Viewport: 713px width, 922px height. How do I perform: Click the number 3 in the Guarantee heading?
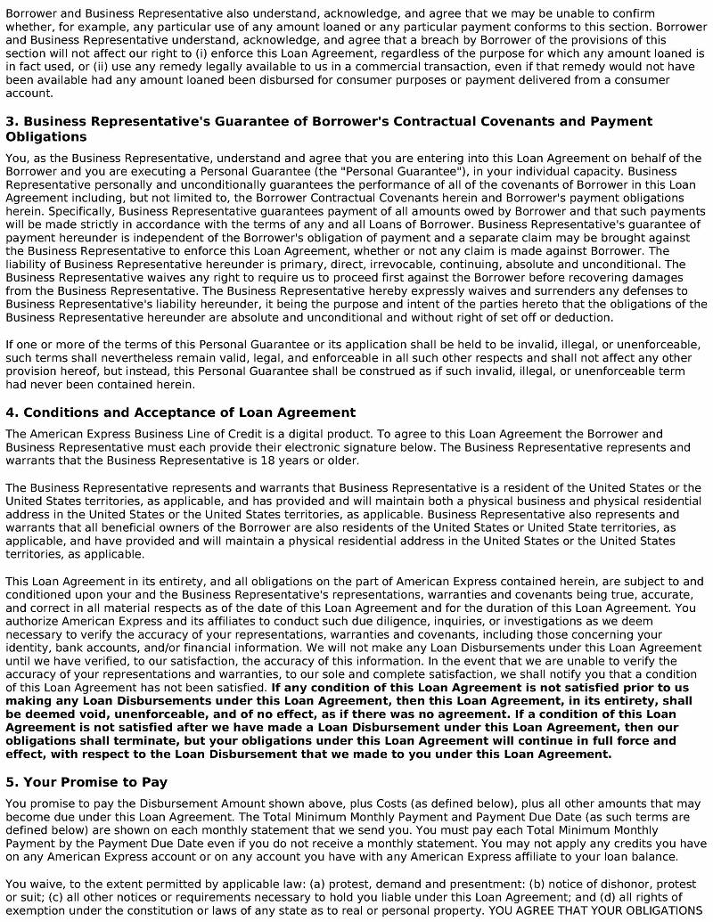click(x=10, y=121)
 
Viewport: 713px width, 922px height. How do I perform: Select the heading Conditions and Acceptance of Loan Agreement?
click(x=189, y=412)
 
